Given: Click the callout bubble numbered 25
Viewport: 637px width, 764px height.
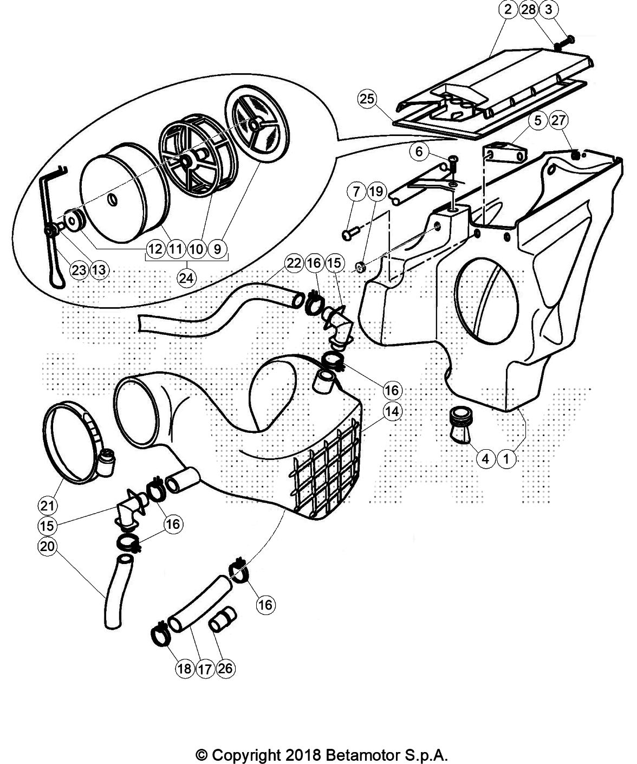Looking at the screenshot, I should (x=367, y=100).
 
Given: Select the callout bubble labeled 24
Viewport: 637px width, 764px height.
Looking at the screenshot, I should (x=187, y=278).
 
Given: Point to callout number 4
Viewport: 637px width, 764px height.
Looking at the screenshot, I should (x=485, y=459).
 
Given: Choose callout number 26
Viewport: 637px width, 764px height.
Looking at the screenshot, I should (x=225, y=669).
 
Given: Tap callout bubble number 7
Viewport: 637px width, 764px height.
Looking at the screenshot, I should (x=356, y=191).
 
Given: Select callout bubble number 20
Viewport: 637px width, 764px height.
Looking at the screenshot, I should (x=47, y=547).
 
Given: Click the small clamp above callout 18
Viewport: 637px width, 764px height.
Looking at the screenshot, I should (x=160, y=634).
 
